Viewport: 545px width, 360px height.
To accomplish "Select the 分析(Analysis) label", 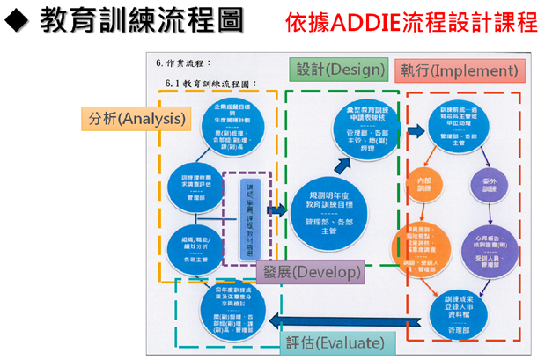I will (x=136, y=118).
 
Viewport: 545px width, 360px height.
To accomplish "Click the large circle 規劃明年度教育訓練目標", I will (x=326, y=209).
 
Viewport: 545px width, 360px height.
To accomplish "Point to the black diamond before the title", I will (x=18, y=22).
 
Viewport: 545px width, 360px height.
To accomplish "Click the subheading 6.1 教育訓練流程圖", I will (x=211, y=83).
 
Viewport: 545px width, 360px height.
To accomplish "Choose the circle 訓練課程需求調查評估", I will (x=196, y=184).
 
